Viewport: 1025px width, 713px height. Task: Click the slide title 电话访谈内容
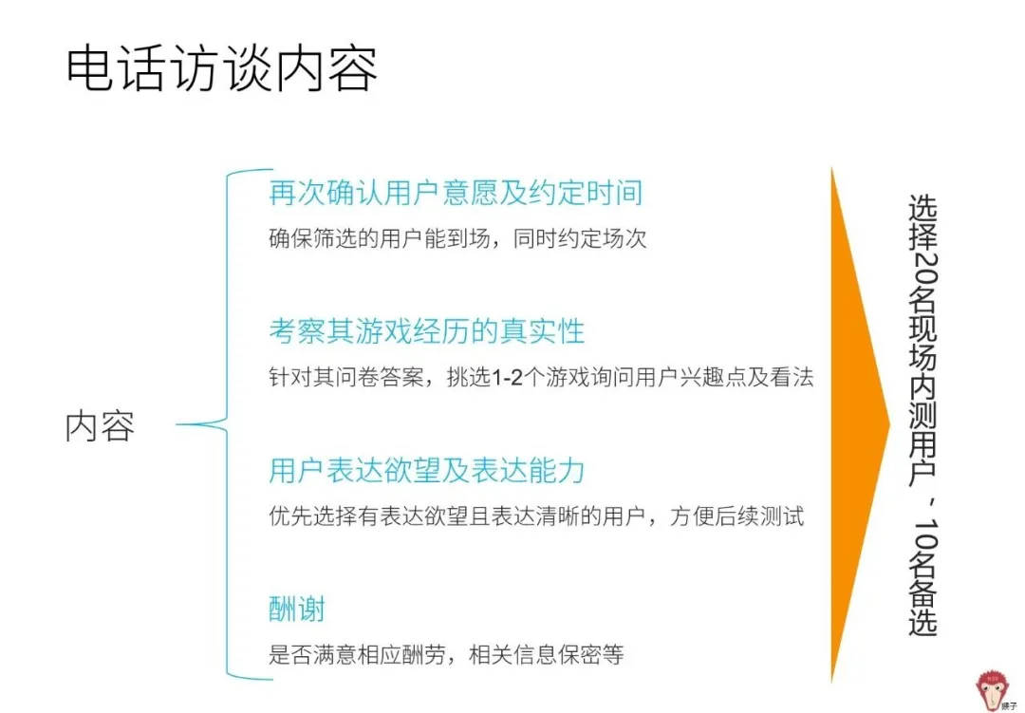[x=222, y=68]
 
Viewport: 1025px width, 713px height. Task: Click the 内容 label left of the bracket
[x=100, y=426]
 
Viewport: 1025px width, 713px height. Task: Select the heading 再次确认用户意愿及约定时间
[x=456, y=193]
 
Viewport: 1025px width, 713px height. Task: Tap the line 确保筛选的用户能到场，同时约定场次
[x=457, y=238]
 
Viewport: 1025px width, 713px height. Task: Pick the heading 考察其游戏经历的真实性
[x=427, y=331]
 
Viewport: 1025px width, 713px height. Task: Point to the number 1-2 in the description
[x=507, y=378]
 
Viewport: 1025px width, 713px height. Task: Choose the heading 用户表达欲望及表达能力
[x=427, y=470]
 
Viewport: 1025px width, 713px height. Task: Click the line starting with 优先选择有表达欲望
[x=536, y=516]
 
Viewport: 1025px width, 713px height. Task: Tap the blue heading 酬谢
[x=297, y=609]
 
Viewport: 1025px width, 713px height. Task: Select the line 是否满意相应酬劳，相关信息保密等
[x=446, y=655]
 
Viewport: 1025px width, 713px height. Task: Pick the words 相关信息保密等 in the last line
[x=547, y=655]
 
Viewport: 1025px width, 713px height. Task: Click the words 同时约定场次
[x=580, y=238]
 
